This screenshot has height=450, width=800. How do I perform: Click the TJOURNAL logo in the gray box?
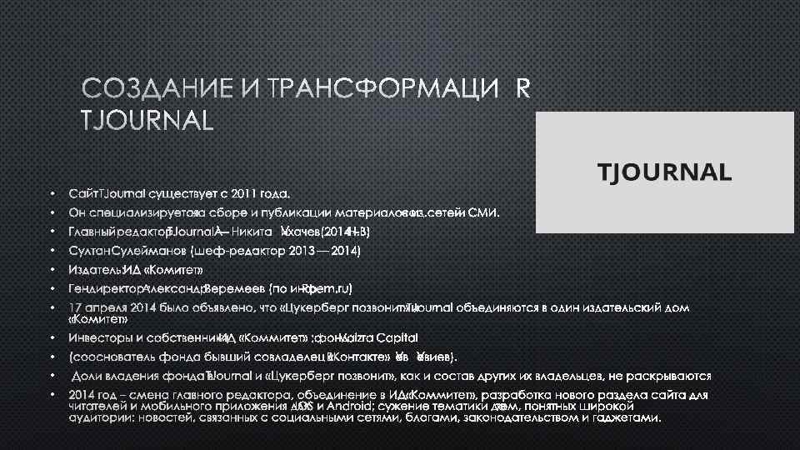pos(665,172)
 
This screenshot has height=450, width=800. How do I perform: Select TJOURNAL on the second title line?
pos(147,121)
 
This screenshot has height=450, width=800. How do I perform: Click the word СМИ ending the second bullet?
pos(483,212)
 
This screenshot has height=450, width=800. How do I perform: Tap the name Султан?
pos(88,251)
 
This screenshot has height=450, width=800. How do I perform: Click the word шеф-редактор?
pos(239,251)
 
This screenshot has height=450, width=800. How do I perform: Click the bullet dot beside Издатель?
pos(51,270)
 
